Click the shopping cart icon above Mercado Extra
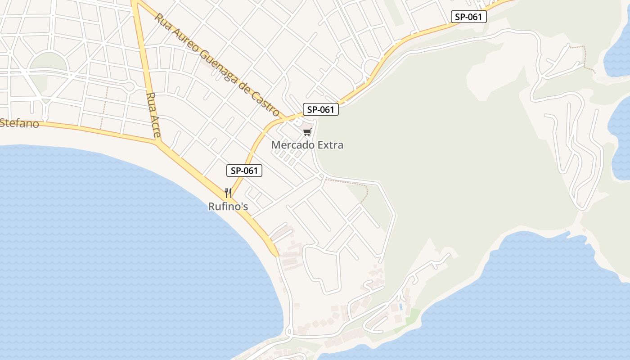[x=307, y=132]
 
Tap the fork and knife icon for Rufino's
[x=228, y=193]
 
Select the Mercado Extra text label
[x=307, y=145]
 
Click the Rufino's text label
[x=228, y=207]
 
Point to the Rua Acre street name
[x=153, y=116]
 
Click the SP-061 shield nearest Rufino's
[x=244, y=171]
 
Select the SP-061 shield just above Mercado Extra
[x=320, y=109]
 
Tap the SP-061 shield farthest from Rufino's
[x=469, y=17]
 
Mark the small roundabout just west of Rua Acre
[x=130, y=86]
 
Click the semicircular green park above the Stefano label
[x=49, y=63]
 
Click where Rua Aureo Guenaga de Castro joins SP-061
[x=285, y=119]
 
